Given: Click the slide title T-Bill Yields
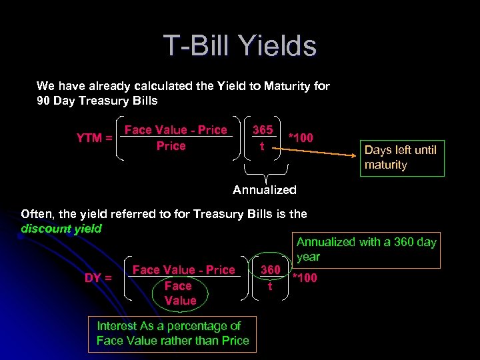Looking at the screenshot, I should [x=240, y=46].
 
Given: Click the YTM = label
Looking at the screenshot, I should [x=94, y=138].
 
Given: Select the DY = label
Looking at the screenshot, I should [x=98, y=277].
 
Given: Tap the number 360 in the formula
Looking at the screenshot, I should [x=270, y=270].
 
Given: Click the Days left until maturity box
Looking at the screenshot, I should [x=400, y=157].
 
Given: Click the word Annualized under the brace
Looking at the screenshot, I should [x=265, y=190].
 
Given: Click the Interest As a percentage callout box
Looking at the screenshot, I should [x=173, y=333].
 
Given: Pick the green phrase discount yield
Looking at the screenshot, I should [x=61, y=229].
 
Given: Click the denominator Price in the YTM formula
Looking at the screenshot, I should [x=171, y=146].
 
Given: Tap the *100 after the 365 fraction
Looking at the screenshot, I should [x=300, y=138].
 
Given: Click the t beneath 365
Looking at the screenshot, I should [x=262, y=146].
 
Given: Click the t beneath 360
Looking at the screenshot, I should [x=270, y=286].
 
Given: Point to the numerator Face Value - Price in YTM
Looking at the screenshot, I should [x=176, y=130].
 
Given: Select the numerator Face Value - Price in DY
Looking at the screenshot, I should [x=184, y=270].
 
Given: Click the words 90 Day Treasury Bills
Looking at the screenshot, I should [x=97, y=101].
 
